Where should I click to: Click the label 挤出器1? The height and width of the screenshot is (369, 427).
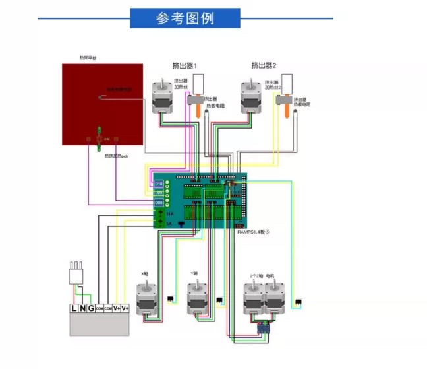pos(185,65)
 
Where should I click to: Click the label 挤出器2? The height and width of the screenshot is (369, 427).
pos(264,65)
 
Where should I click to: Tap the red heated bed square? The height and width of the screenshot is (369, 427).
pos(102,104)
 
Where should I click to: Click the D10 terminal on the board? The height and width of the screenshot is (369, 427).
pos(159,184)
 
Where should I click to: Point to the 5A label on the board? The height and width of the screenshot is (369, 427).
pos(169,224)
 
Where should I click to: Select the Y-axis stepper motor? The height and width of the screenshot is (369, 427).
pos(197,298)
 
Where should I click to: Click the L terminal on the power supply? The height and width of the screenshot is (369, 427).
pos(74,308)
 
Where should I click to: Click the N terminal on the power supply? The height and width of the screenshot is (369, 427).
pos(82,308)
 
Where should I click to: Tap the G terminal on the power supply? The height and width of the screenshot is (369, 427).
pos(90,308)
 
